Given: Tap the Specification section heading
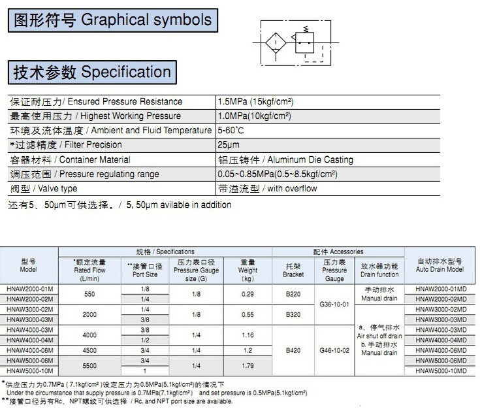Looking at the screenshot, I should pyautogui.click(x=92, y=72).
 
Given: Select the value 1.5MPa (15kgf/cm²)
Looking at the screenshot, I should pyautogui.click(x=255, y=102).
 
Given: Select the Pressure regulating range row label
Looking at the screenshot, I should pyautogui.click(x=84, y=174).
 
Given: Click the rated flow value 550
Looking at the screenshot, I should pyautogui.click(x=90, y=294).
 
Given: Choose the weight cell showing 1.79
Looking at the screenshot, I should pyautogui.click(x=247, y=366).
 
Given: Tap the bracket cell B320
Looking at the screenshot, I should pyautogui.click(x=293, y=315).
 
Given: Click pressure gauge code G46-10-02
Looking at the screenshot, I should pyautogui.click(x=334, y=351).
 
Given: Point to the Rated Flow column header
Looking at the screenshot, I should pyautogui.click(x=90, y=270).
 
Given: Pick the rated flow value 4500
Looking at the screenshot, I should pyautogui.click(x=90, y=350).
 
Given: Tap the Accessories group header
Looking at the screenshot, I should pyautogui.click(x=338, y=252).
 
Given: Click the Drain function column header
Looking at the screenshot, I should pyautogui.click(x=379, y=270).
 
